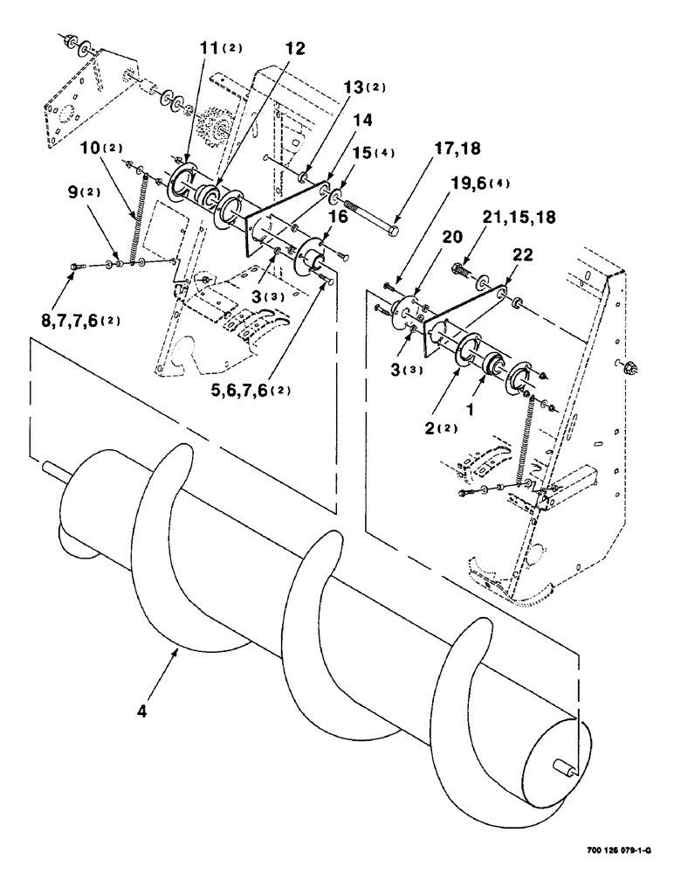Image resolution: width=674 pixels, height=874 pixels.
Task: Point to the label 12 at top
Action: [295, 49]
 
